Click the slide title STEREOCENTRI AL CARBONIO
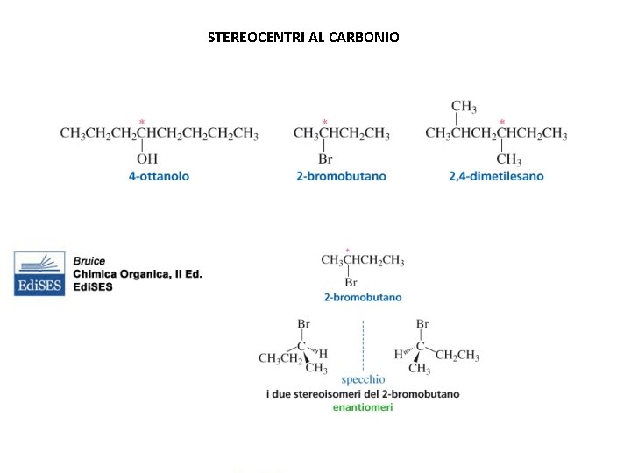[303, 38]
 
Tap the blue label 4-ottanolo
[159, 176]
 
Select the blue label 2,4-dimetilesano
[496, 176]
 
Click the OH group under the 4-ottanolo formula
[147, 159]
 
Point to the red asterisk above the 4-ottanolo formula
[142, 122]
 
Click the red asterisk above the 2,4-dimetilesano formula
[502, 122]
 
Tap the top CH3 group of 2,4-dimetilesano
[464, 107]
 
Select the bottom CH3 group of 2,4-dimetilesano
[508, 159]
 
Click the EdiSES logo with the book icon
[39, 273]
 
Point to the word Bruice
[89, 261]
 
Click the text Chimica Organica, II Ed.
[138, 274]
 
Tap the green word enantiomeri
[363, 406]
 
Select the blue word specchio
[363, 379]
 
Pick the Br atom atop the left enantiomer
[303, 324]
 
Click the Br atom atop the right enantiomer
[422, 324]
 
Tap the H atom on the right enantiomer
[399, 355]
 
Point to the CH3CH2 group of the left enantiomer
[280, 358]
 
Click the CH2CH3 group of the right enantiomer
[457, 355]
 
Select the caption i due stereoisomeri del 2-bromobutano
[363, 394]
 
